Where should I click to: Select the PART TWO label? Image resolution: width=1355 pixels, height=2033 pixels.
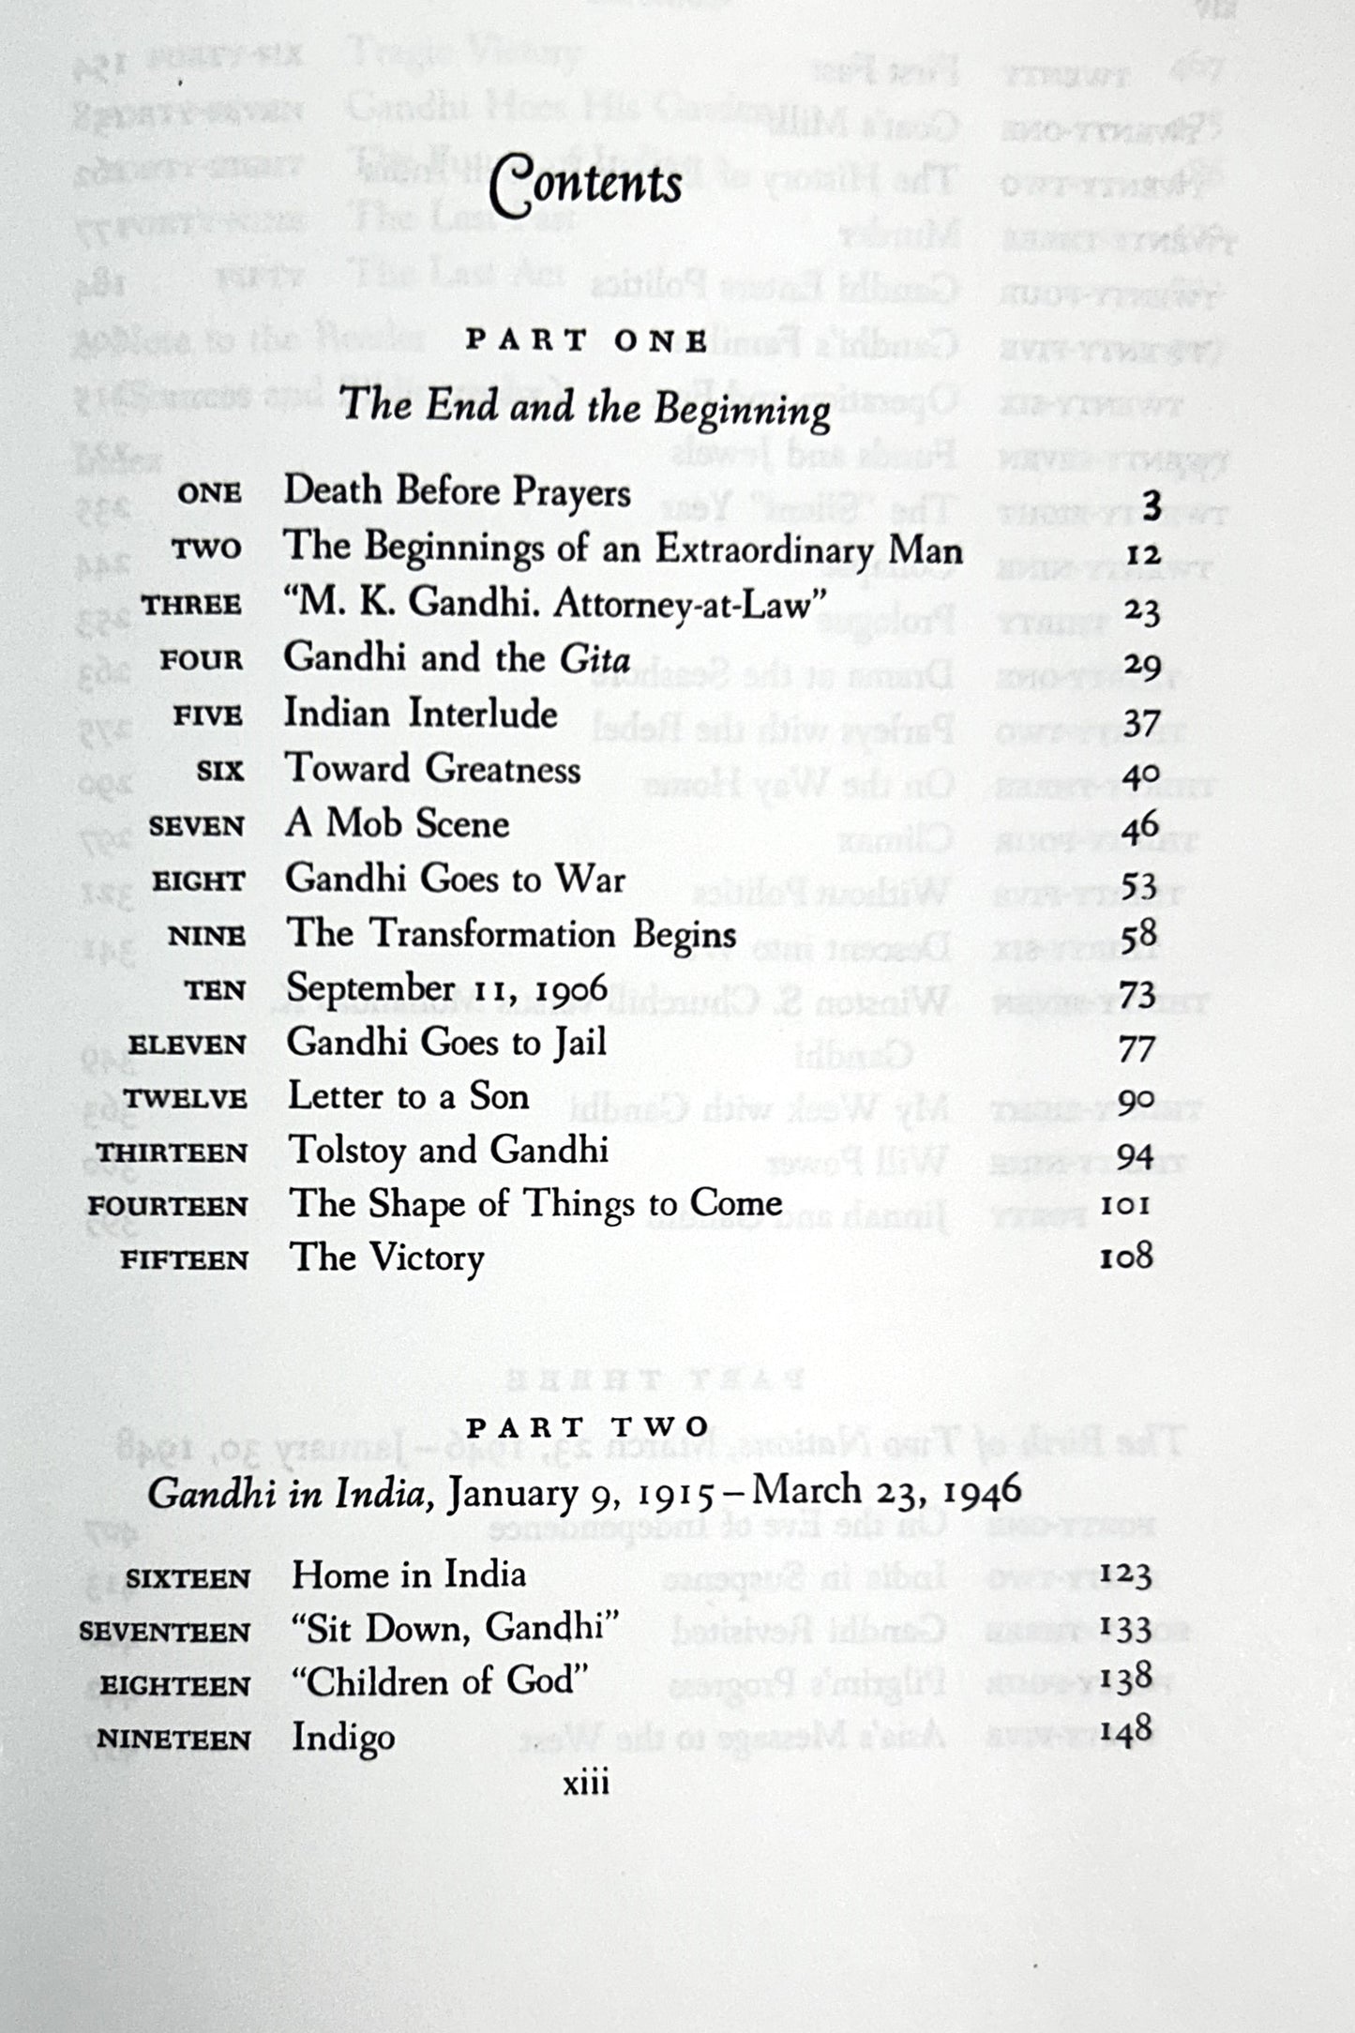pyautogui.click(x=588, y=1426)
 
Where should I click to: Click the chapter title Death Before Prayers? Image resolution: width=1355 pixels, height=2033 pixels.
pyautogui.click(x=457, y=491)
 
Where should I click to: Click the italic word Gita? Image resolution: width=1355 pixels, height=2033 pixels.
pyautogui.click(x=595, y=659)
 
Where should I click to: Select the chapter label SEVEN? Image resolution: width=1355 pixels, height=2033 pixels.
pyautogui.click(x=196, y=827)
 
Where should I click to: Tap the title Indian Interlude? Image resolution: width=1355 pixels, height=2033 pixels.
pyautogui.click(x=420, y=715)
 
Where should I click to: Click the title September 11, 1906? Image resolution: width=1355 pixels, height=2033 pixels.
pyautogui.click(x=446, y=988)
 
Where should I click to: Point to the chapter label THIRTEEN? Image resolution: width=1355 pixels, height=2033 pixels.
pyautogui.click(x=172, y=1152)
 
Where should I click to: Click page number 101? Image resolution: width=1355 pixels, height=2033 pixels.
pyautogui.click(x=1125, y=1204)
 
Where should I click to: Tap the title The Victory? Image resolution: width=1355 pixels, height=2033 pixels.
pyautogui.click(x=385, y=1258)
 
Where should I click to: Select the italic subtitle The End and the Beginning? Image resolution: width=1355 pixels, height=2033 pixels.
pyautogui.click(x=585, y=409)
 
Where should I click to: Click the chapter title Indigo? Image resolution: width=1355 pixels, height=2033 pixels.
pyautogui.click(x=342, y=1738)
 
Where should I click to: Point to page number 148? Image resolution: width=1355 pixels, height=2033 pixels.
pyautogui.click(x=1125, y=1732)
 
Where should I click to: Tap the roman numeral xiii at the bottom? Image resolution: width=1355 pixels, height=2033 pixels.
pyautogui.click(x=586, y=1783)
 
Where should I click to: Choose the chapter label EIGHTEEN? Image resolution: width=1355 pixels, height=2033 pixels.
pyautogui.click(x=175, y=1685)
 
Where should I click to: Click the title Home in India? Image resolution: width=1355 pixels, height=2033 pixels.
pyautogui.click(x=408, y=1574)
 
